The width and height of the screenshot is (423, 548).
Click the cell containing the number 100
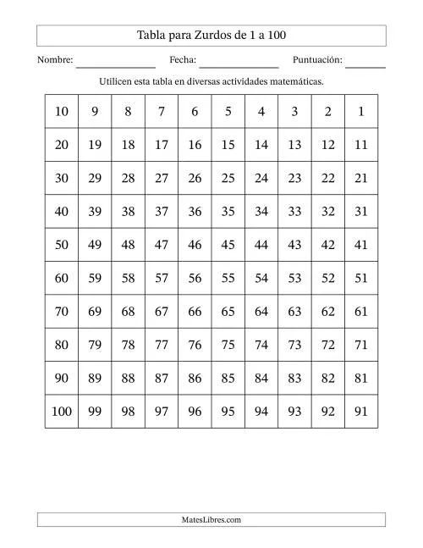pos(62,412)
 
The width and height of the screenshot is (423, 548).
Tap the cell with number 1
pos(361,112)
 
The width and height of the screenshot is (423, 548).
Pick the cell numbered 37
pos(162,212)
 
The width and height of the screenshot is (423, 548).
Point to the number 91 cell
pos(361,412)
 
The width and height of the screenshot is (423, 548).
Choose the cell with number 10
pos(62,112)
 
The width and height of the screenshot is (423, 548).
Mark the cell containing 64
pos(261,312)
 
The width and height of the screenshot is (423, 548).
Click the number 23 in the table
pos(294,179)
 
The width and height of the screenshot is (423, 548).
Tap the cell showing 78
pos(129,345)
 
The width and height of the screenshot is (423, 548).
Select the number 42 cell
pos(327,245)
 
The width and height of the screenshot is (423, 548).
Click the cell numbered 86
pos(195,379)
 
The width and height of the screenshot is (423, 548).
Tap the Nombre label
pos(55,60)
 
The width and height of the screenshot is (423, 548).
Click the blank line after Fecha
pos(239,64)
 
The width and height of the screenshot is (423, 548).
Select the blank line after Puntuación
pos(365,64)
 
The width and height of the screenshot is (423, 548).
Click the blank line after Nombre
pos(115,64)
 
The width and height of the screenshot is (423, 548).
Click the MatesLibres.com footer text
pos(211,520)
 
